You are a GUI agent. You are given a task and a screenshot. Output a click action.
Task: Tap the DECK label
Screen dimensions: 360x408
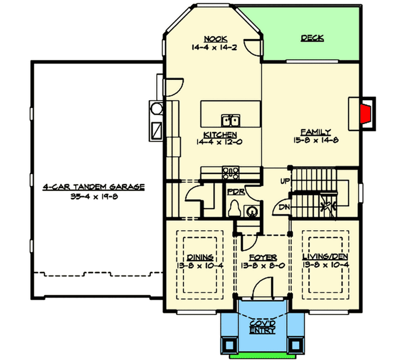(312, 38)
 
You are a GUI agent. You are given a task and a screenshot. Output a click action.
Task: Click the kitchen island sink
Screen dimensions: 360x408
(231, 121)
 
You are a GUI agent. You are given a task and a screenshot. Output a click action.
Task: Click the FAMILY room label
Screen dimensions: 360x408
(316, 132)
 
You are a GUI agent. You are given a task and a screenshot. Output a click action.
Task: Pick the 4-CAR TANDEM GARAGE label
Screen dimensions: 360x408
(93, 187)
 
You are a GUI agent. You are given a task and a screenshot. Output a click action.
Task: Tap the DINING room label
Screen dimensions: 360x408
(199, 257)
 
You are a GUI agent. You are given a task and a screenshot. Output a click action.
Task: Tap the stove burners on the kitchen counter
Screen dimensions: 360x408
(231, 171)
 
